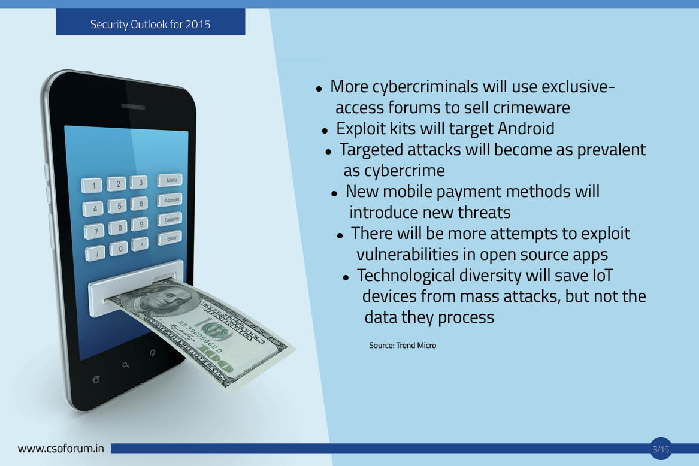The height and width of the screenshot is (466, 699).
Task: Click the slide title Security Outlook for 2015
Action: point(150,24)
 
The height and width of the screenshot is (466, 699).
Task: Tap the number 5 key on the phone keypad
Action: point(118,205)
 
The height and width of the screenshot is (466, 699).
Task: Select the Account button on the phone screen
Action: point(170,200)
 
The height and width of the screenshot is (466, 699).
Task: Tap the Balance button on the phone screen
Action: point(170,219)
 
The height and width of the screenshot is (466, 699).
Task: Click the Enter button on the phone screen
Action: point(170,238)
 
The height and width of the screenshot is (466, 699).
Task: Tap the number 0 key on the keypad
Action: point(119,249)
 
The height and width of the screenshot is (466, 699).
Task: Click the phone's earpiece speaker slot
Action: point(133,107)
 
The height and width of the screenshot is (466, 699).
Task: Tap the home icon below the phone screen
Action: point(95,380)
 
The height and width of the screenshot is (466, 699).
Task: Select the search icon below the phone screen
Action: point(126,365)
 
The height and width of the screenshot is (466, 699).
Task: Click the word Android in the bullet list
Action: point(526,128)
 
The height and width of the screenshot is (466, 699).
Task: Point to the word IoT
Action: point(603,275)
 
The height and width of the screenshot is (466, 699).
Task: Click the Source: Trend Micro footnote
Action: point(403,345)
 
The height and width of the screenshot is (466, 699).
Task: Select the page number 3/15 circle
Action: point(661,449)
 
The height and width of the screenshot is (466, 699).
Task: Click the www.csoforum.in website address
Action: point(60,448)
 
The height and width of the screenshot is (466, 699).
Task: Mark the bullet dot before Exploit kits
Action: point(325,131)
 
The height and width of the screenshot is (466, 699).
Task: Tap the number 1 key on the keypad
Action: point(92,185)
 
